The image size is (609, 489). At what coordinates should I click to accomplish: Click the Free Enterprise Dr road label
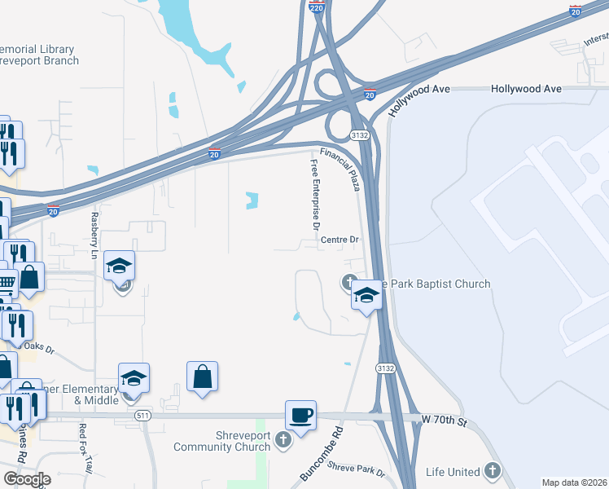[x=315, y=194]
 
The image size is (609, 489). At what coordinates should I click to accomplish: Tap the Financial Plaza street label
[x=340, y=170]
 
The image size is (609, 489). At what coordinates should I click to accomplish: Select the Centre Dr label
[x=340, y=240]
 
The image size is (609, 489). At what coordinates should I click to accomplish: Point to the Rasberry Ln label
[x=94, y=236]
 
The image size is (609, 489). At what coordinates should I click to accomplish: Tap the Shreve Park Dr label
[x=355, y=469]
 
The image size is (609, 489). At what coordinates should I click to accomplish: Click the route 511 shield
[x=143, y=416]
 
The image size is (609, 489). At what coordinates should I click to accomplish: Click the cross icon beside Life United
[x=492, y=470]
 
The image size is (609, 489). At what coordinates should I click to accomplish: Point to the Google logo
[x=27, y=478]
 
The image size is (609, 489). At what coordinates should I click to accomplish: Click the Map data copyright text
[x=574, y=482]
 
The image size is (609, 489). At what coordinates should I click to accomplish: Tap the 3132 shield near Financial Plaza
[x=360, y=135]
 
